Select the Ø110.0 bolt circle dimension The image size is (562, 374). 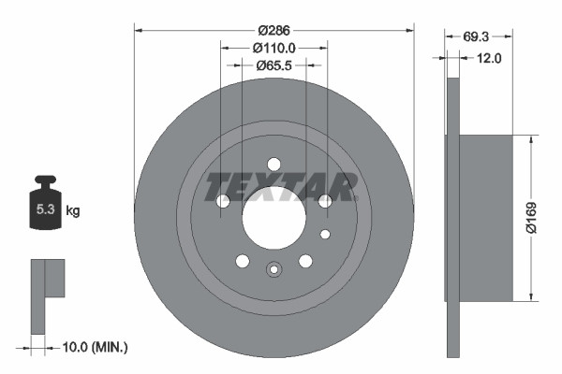[x=274, y=47]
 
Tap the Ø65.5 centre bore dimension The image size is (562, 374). [x=274, y=66]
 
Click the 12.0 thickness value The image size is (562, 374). [x=490, y=58]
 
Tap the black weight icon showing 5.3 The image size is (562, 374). [x=45, y=205]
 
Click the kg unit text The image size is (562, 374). [x=72, y=211]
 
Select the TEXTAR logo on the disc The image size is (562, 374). [x=280, y=186]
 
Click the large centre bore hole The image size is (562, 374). [x=274, y=223]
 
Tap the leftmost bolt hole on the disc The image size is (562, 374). [x=223, y=201]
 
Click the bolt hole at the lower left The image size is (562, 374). [x=243, y=261]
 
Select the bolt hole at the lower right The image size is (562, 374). [x=305, y=261]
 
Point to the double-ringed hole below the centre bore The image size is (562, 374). [x=274, y=270]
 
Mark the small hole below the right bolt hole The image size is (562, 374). [x=325, y=234]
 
